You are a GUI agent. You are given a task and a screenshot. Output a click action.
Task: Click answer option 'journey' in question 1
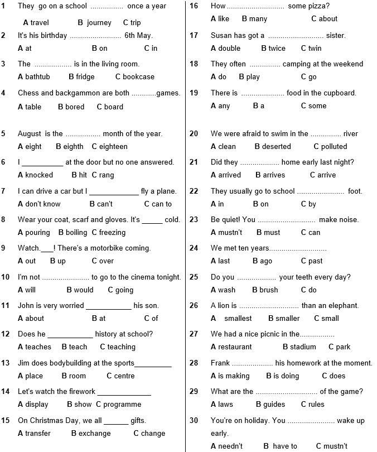99,23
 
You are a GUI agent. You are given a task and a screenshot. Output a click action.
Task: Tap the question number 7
3,191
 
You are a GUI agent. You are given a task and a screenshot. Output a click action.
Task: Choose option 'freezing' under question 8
112,233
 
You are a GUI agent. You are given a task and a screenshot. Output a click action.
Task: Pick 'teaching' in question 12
122,347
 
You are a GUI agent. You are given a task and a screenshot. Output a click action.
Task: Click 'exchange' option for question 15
94,434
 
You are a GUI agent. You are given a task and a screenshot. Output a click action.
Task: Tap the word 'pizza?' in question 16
316,6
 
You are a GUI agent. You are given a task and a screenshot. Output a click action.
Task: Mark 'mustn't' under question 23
230,233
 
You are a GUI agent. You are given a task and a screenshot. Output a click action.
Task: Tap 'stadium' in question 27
303,347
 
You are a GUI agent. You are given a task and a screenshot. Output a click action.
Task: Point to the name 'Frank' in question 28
220,363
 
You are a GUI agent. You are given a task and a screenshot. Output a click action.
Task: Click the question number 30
194,420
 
